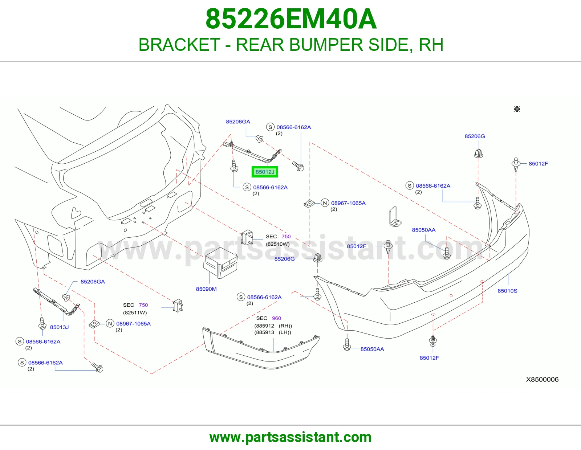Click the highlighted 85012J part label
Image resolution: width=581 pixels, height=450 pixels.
click(x=265, y=172)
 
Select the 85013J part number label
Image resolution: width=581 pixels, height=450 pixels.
click(x=59, y=327)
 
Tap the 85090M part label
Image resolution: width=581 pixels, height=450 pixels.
click(x=206, y=289)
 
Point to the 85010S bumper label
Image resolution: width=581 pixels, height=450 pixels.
click(x=507, y=291)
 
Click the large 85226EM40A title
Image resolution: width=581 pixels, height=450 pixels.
click(x=291, y=19)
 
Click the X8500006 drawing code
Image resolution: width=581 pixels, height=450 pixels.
click(x=542, y=379)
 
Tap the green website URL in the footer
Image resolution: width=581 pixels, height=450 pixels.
click(x=290, y=437)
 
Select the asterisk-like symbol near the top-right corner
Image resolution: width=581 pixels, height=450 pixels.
click(x=517, y=109)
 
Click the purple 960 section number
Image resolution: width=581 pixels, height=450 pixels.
click(x=276, y=318)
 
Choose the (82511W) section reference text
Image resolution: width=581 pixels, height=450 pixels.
click(x=135, y=312)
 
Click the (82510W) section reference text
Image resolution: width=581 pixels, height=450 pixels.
click(x=277, y=244)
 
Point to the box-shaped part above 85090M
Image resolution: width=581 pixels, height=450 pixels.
click(x=220, y=263)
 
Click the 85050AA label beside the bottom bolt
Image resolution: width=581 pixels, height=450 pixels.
click(x=372, y=349)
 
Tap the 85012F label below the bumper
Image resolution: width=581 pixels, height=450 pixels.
click(x=429, y=358)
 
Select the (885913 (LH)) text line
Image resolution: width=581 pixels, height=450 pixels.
click(x=273, y=332)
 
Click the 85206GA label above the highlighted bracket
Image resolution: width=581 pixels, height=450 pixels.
click(x=238, y=122)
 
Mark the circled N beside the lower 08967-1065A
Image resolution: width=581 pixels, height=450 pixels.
click(x=110, y=324)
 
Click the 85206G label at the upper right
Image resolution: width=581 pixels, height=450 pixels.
click(x=475, y=136)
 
